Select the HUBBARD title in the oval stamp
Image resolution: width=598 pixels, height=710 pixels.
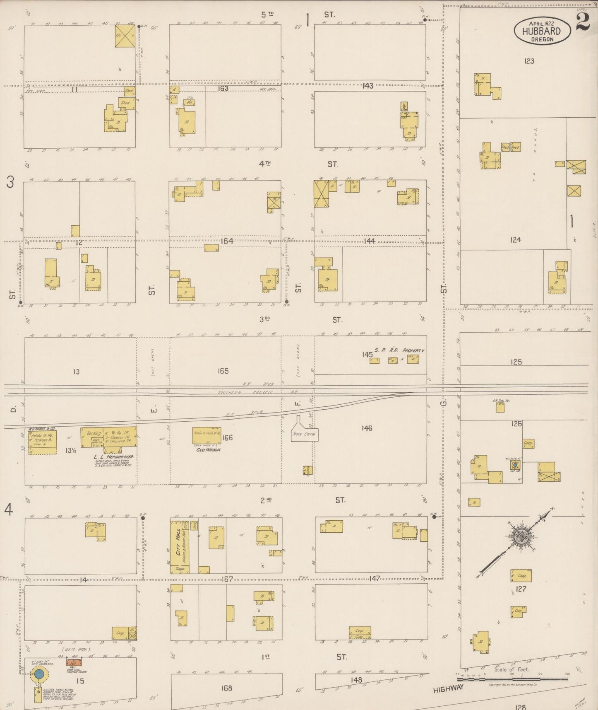click(x=541, y=31)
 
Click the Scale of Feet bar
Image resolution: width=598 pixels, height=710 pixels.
click(x=512, y=679)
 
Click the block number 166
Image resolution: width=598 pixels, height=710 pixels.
click(x=227, y=437)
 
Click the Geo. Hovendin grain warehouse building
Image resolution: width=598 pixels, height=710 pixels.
click(x=207, y=435)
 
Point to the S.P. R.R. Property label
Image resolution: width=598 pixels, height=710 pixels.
click(x=399, y=350)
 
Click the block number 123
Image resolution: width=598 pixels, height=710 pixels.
click(x=529, y=61)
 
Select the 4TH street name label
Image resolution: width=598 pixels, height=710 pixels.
click(x=265, y=164)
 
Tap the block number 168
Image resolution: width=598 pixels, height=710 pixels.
click(x=226, y=688)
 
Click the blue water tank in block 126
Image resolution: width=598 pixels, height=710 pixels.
click(x=514, y=465)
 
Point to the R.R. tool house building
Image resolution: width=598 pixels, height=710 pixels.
click(x=500, y=408)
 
